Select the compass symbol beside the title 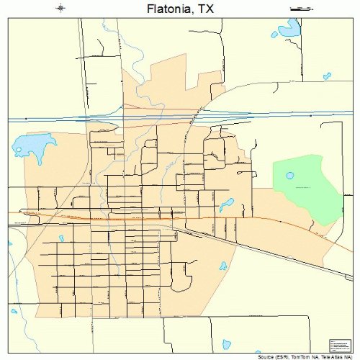click(x=60, y=8)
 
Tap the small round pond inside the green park click(x=290, y=175)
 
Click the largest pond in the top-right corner click(x=290, y=30)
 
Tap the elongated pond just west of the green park click(x=228, y=204)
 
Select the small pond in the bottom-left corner click(x=14, y=312)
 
